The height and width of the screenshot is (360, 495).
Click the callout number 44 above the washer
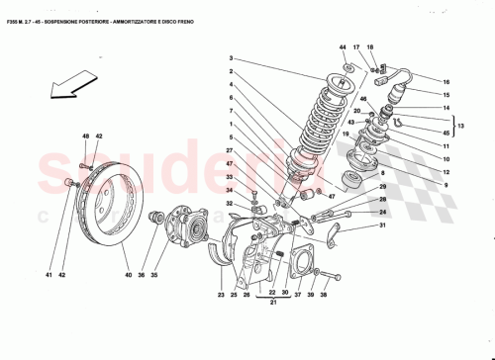point(343,48)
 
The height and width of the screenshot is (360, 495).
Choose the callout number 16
point(445,82)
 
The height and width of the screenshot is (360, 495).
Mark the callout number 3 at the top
point(230,58)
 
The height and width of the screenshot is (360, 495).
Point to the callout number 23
point(222,295)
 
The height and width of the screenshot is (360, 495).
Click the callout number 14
point(445,108)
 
